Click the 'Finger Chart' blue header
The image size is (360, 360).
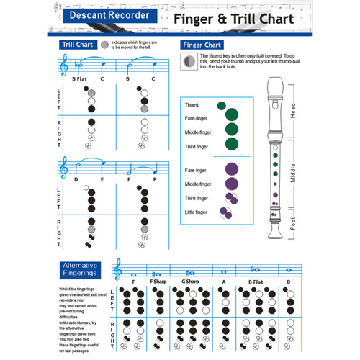(x=201, y=45)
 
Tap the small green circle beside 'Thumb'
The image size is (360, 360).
(x=221, y=105)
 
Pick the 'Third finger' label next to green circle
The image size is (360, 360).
(x=197, y=147)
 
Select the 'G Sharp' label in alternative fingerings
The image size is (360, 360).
(x=191, y=282)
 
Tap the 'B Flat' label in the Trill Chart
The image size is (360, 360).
(x=79, y=78)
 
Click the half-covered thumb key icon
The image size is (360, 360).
(x=188, y=60)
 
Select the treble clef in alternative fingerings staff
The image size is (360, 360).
(x=117, y=270)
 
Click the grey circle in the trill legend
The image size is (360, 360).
(x=106, y=45)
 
